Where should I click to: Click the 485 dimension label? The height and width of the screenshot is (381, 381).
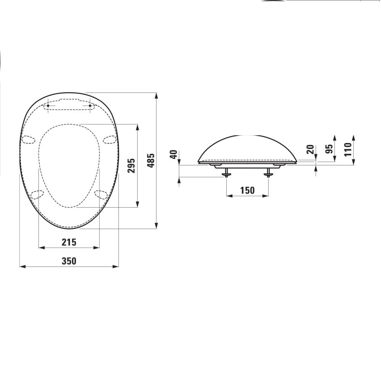151,160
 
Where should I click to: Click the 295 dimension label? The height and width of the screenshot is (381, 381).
131,166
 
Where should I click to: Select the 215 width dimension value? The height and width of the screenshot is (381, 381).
69,242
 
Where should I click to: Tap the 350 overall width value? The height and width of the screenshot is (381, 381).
69,261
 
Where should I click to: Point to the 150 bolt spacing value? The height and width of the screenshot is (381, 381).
247,190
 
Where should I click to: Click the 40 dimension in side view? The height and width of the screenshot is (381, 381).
173,155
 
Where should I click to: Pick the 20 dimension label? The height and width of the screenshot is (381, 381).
311,149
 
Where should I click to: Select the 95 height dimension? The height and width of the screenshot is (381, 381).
330,148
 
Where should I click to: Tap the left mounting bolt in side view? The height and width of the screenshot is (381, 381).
227,173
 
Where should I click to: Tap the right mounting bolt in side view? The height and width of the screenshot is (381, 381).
269,173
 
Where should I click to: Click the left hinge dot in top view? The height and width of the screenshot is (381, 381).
48,106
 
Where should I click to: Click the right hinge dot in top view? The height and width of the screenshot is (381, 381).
90,106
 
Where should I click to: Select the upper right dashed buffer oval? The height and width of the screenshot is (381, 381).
109,139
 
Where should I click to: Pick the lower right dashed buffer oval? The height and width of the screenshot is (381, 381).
101,195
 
